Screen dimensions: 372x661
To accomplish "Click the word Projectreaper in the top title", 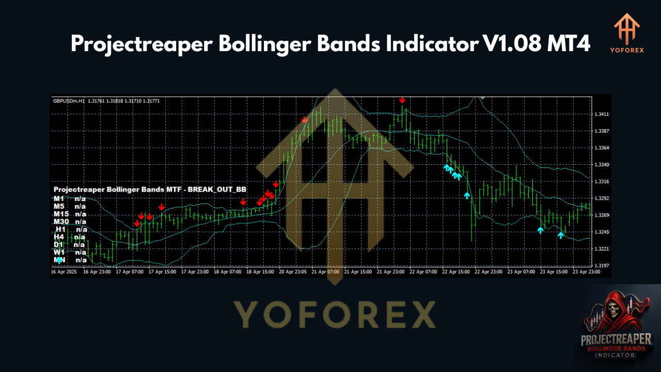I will [140, 44].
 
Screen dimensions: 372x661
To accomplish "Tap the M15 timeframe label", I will [61, 214].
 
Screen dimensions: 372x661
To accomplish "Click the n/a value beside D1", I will [79, 245].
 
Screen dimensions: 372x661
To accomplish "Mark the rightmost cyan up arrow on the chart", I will [560, 236].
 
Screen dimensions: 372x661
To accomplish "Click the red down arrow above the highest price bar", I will [402, 100].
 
